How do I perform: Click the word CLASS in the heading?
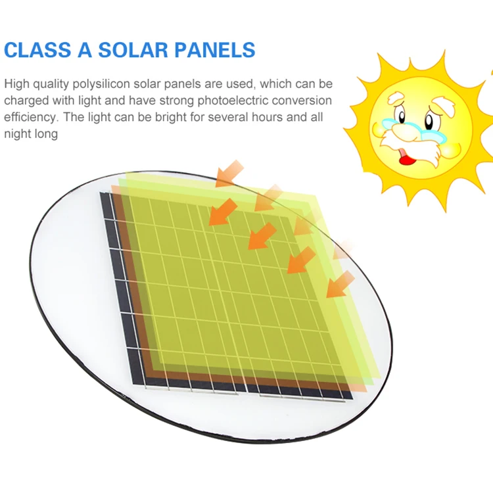[x=37, y=50]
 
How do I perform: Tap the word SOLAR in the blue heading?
[x=133, y=50]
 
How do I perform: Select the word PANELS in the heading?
[x=215, y=50]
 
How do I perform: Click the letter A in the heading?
[x=85, y=50]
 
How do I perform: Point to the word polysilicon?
[x=101, y=84]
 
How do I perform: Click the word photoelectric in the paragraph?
[x=232, y=101]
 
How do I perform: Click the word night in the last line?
[x=16, y=134]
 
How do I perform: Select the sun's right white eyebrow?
[x=444, y=106]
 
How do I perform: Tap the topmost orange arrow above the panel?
[x=229, y=174]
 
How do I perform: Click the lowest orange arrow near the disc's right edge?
[x=340, y=284]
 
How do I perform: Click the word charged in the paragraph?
[x=26, y=101]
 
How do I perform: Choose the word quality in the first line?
[x=51, y=84]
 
